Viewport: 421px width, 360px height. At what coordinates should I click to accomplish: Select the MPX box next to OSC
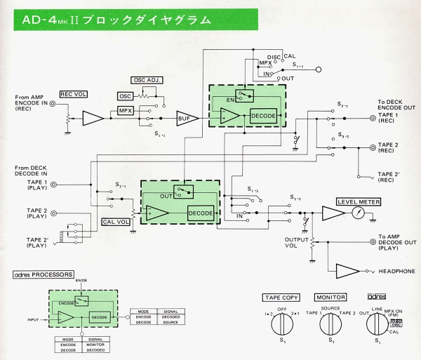pos(126,111)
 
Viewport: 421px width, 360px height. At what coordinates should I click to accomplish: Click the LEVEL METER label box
pos(356,201)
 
